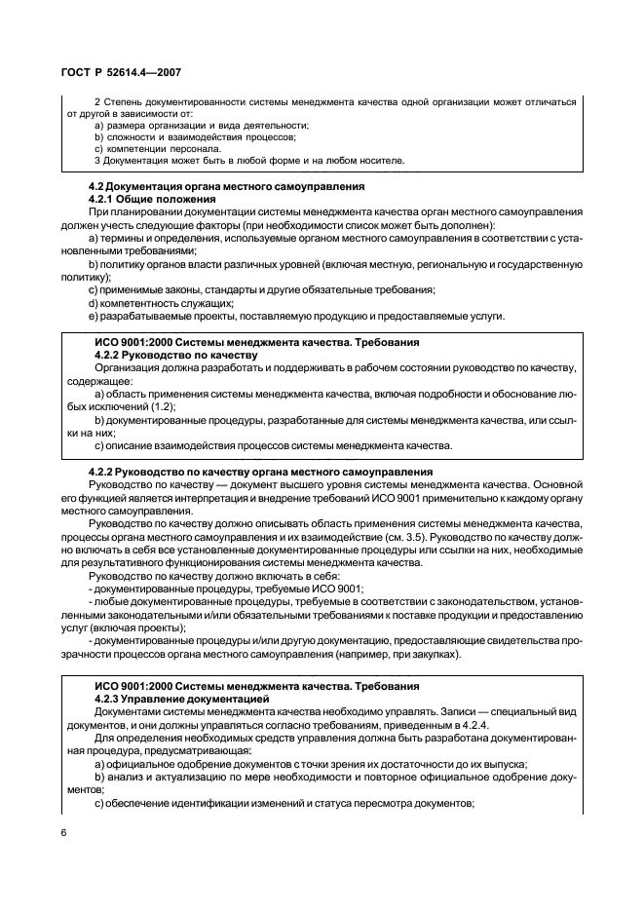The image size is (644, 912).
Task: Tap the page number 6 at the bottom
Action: click(62, 836)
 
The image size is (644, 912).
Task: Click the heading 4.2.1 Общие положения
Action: click(145, 198)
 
